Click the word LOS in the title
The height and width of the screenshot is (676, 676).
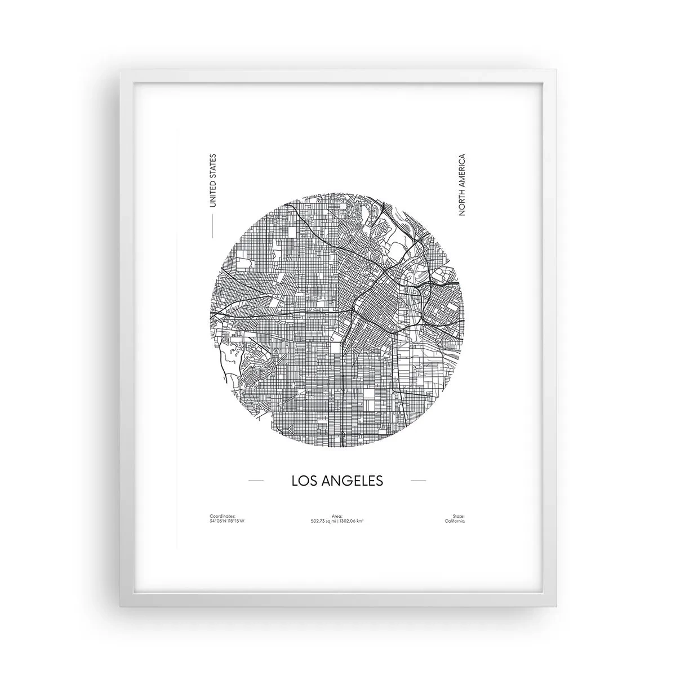point(305,481)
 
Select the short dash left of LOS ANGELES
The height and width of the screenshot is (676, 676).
point(256,481)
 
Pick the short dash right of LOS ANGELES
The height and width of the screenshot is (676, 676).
point(418,481)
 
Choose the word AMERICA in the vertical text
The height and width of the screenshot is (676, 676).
point(462,172)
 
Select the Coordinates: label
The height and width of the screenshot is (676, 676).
point(221,516)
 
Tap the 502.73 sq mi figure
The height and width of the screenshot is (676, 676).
point(323,521)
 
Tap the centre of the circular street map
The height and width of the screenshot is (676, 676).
point(337,322)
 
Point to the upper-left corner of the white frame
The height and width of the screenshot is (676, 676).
point(119,70)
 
